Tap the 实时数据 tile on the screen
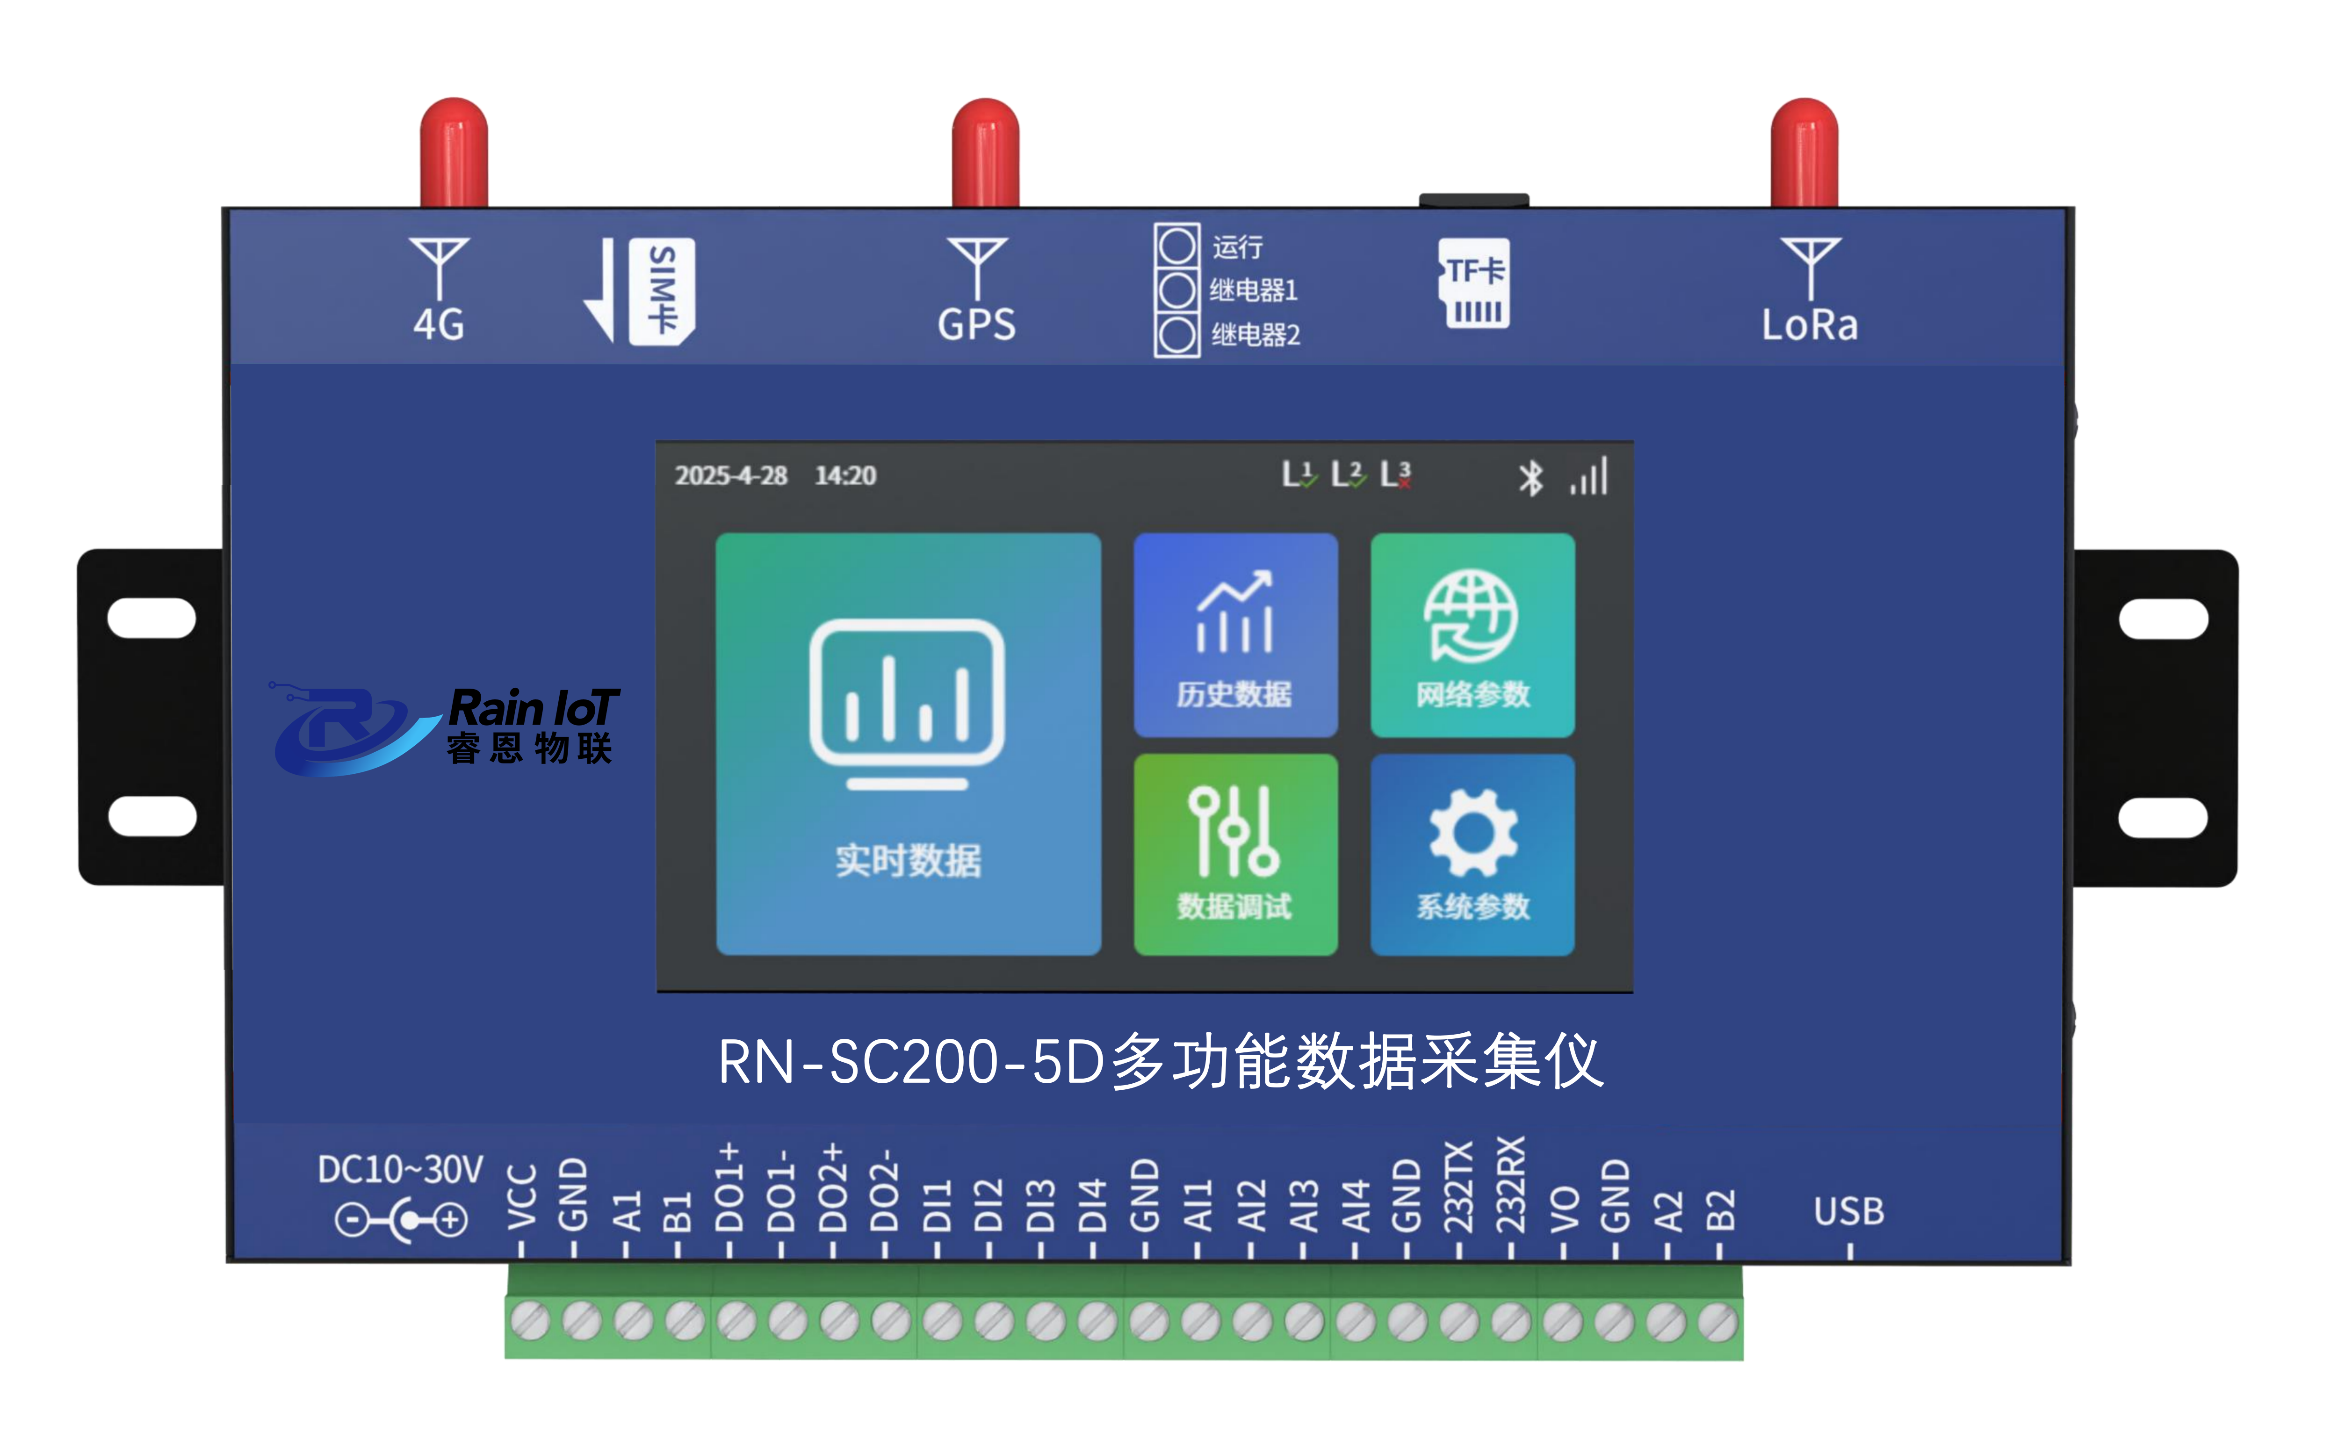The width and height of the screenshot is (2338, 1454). click(x=908, y=743)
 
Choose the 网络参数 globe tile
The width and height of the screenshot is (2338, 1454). click(x=1472, y=635)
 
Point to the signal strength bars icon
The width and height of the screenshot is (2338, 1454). click(x=1589, y=476)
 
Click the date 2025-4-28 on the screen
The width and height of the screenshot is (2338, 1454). click(x=731, y=475)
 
